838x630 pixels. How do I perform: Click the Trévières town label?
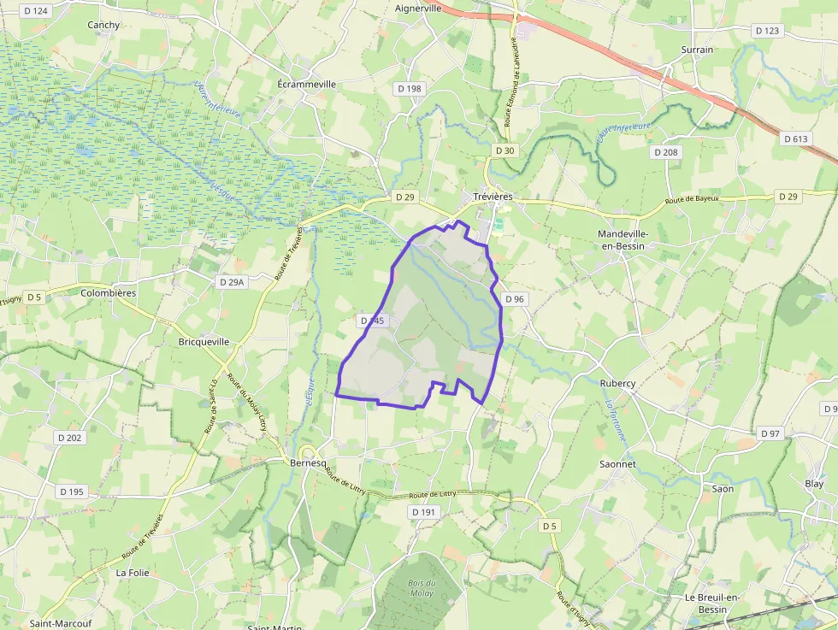493,197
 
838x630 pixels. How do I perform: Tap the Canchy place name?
103,25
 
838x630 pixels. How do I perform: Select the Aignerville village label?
418,9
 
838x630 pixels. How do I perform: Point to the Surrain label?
697,50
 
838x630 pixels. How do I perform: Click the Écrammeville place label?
307,85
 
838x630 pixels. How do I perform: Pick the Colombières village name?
108,292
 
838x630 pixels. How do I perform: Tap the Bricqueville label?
204,341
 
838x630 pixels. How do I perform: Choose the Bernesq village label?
309,462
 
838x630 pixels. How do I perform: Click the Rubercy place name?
617,383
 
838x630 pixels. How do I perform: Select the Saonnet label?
617,463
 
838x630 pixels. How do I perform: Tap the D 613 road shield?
795,138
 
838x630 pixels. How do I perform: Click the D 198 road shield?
410,89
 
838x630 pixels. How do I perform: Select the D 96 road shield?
514,299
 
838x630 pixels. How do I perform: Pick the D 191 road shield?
423,512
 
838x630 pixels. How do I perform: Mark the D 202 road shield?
70,438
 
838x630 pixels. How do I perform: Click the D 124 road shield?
37,11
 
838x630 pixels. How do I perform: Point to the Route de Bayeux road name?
693,200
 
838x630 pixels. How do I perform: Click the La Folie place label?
133,573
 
